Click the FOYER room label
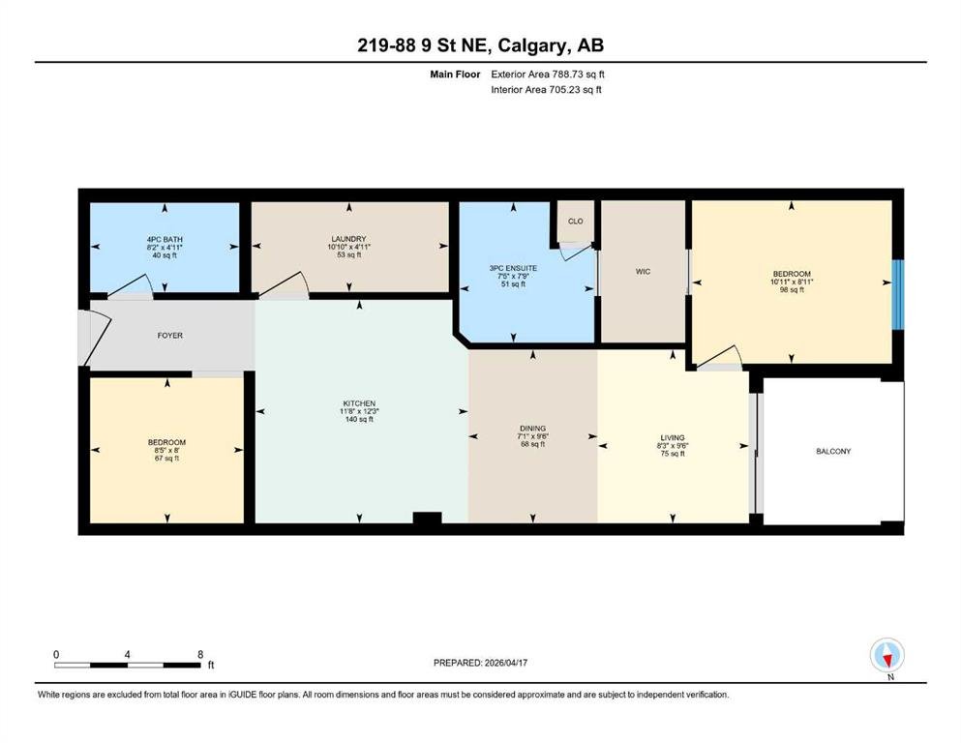[x=169, y=336]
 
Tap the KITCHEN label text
[x=359, y=403]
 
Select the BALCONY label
[x=833, y=452]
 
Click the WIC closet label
[x=643, y=271]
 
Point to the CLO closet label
[x=576, y=222]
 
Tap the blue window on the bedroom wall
[x=898, y=295]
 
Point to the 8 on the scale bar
[x=200, y=654]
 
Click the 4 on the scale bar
[x=127, y=654]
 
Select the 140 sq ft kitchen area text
[x=359, y=420]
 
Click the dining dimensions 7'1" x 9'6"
[x=532, y=436]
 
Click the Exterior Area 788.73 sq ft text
[x=548, y=74]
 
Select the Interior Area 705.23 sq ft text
[x=546, y=89]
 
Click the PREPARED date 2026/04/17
[x=505, y=663]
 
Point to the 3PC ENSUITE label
[x=514, y=268]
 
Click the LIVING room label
[x=673, y=438]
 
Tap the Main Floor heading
[x=455, y=74]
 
